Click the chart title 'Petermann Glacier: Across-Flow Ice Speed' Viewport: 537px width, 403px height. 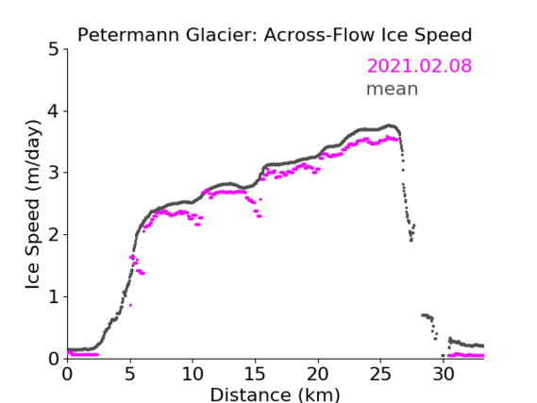[x=275, y=35]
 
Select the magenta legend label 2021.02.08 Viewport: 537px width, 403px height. [x=419, y=66]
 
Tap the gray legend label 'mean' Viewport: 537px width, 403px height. [x=393, y=89]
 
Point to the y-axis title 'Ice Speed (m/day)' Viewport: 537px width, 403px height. [x=33, y=205]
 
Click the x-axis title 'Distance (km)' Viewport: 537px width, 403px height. [x=275, y=395]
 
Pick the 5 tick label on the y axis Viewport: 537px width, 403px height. [x=54, y=50]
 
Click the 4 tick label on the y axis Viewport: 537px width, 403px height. [x=54, y=111]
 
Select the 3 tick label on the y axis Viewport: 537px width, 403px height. [x=54, y=174]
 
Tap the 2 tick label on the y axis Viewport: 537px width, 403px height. [x=54, y=235]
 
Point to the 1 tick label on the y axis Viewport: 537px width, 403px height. [x=54, y=297]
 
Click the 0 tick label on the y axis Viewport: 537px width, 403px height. [x=54, y=360]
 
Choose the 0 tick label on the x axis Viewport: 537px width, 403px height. [x=67, y=375]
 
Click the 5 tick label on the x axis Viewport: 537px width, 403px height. [x=130, y=375]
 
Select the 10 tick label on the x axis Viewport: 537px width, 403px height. [x=193, y=375]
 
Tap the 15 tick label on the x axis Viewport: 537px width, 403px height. [x=255, y=375]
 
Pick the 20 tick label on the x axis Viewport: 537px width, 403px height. [x=318, y=375]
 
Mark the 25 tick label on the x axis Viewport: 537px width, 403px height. [x=380, y=375]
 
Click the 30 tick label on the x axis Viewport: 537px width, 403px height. [x=444, y=375]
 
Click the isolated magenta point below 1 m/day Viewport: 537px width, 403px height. [x=130, y=305]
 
